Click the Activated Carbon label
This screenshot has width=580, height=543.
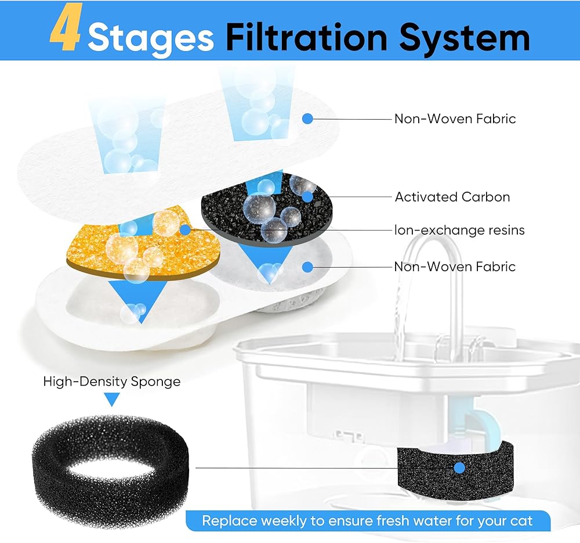(x=452, y=197)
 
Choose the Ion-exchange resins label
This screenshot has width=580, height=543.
(x=459, y=230)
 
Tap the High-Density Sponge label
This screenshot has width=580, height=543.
(x=112, y=382)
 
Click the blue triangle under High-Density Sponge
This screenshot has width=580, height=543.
(x=112, y=400)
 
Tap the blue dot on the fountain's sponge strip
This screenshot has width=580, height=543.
(x=459, y=468)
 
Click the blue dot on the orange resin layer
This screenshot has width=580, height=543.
(x=185, y=230)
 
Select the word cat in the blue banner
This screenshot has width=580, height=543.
(x=521, y=521)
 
